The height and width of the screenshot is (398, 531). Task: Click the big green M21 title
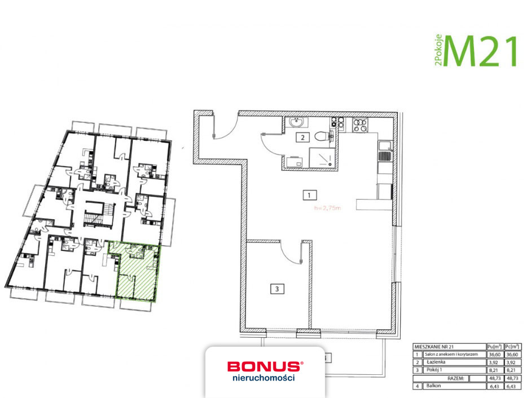pyautogui.click(x=481, y=51)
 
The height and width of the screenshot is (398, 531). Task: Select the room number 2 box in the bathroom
pyautogui.click(x=303, y=137)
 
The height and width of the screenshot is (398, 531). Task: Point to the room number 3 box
pyautogui.click(x=277, y=289)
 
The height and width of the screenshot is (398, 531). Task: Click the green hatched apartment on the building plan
pyautogui.click(x=138, y=272)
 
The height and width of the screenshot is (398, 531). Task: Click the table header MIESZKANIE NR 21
pyautogui.click(x=433, y=346)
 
